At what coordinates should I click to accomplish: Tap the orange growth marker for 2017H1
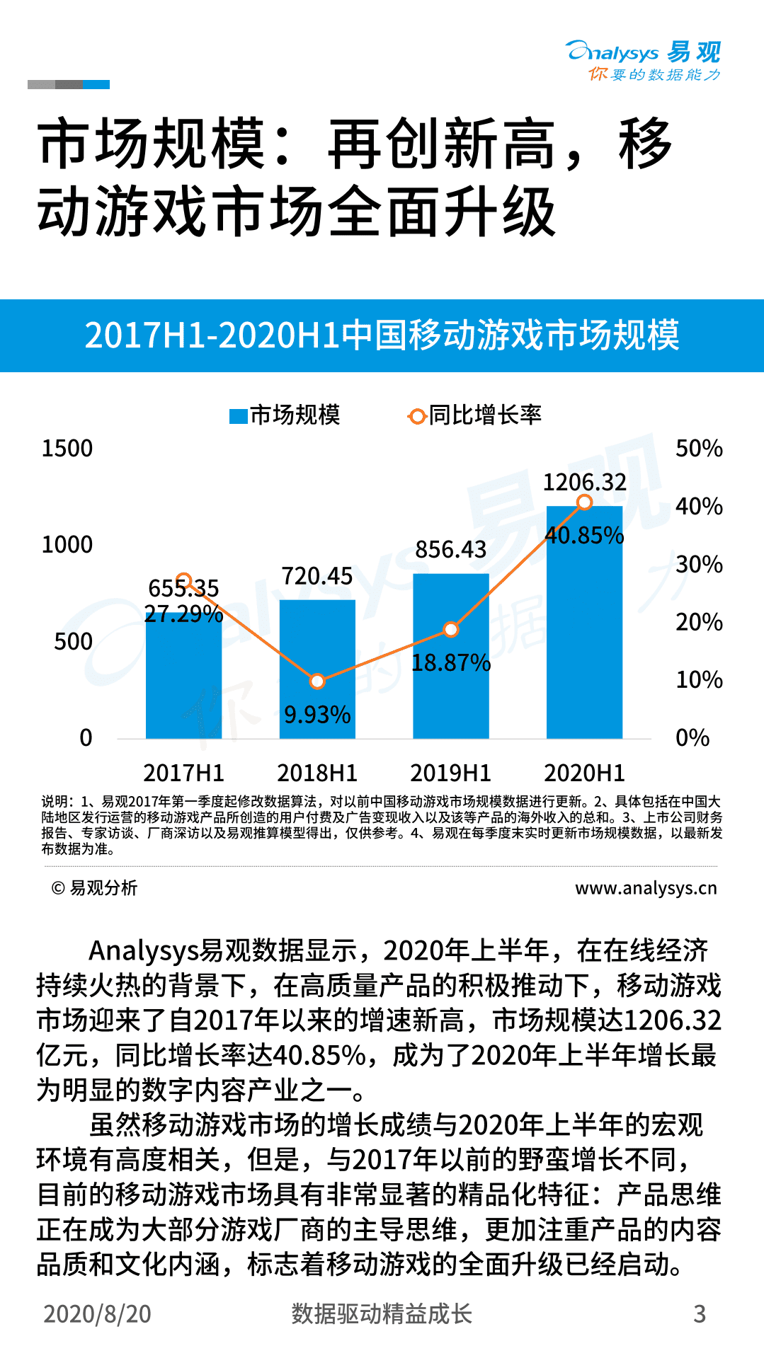183,581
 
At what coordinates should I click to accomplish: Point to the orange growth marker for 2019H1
451,629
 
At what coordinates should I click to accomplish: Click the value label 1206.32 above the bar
584,483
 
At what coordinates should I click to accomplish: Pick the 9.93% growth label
317,715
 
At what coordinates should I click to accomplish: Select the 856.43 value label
450,549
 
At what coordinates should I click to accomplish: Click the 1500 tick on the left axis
67,449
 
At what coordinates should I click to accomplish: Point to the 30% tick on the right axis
698,564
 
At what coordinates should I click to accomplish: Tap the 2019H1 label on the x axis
450,773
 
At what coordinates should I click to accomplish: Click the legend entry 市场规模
285,415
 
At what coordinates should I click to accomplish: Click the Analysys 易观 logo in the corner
643,60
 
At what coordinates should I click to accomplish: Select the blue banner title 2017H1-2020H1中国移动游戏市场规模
382,335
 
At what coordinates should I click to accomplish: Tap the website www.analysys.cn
645,888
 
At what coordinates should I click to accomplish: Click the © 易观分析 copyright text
94,888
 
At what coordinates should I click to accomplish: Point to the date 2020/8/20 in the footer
97,1313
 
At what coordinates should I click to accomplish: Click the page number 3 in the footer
699,1313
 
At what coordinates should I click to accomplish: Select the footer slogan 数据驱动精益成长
382,1313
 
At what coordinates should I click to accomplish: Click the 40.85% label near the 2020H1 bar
584,536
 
